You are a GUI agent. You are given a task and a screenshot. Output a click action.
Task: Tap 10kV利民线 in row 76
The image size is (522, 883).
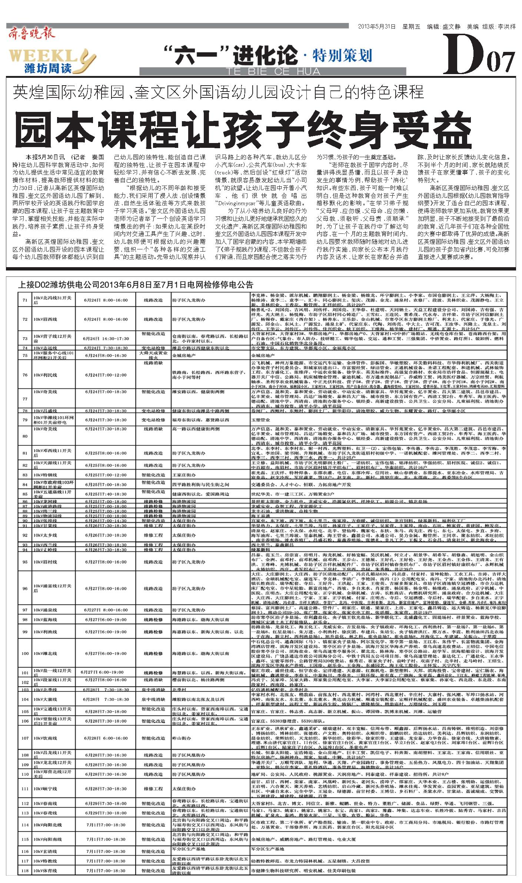(45, 375)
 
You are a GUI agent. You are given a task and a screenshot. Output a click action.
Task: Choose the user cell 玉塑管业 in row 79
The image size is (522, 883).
(259, 420)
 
